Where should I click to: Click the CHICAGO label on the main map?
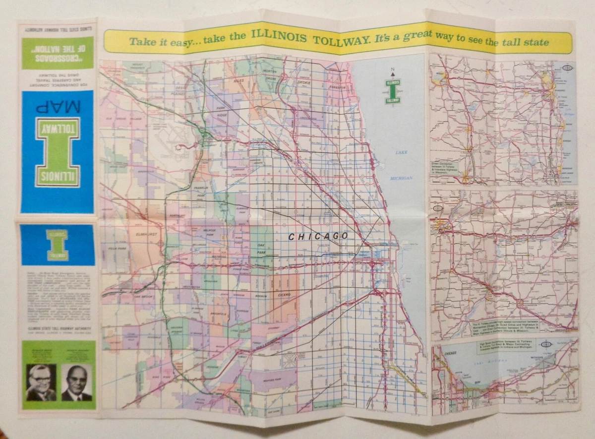pos(318,237)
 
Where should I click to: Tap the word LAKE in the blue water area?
pos(401,152)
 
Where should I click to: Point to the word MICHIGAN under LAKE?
pos(401,178)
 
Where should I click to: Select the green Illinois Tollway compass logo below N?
pos(393,91)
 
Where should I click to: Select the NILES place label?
pos(239,80)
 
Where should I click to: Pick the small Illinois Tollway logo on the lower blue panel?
pos(57,245)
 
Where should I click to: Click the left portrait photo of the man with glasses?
pos(41,382)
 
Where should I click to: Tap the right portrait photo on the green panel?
pos(76,382)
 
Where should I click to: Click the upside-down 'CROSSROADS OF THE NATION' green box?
pos(57,53)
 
